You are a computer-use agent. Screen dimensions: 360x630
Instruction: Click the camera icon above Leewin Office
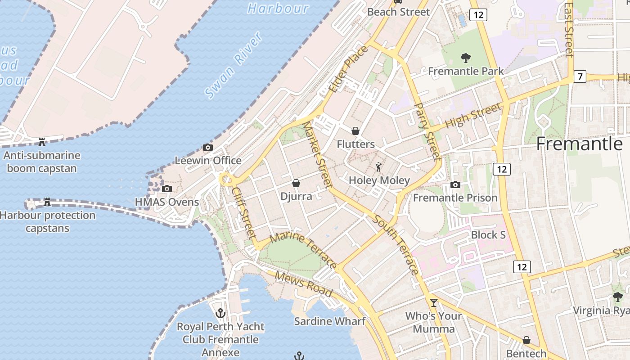[x=207, y=147]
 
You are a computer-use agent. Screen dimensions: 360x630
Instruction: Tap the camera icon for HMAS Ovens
[x=167, y=189]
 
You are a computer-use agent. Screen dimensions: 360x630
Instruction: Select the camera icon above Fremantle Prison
[x=455, y=184]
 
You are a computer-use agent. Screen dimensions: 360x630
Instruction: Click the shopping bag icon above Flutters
[x=355, y=131]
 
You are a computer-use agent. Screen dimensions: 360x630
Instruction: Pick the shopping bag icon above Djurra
[x=296, y=183]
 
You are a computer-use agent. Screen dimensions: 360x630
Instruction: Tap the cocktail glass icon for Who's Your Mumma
[x=434, y=302]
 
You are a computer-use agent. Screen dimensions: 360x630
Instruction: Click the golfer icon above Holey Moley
[x=379, y=167]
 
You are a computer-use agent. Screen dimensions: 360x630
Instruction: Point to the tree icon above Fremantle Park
[x=466, y=58]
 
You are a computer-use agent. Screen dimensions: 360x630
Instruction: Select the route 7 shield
[x=580, y=76]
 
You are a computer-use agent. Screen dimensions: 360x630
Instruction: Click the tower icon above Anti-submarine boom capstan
[x=42, y=142]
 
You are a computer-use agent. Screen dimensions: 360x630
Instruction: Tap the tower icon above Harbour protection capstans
[x=47, y=202]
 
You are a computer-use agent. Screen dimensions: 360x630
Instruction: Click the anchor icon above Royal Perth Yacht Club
[x=220, y=313]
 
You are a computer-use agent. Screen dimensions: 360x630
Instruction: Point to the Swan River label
[x=234, y=66]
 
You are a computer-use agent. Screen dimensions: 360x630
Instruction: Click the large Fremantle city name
[x=580, y=144]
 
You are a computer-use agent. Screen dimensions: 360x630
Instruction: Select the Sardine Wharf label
[x=329, y=321]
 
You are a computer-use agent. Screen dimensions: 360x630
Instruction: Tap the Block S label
[x=488, y=235]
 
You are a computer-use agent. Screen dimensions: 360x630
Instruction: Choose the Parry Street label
[x=427, y=132]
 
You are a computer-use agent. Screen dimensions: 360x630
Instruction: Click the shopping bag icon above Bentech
[x=526, y=340]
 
